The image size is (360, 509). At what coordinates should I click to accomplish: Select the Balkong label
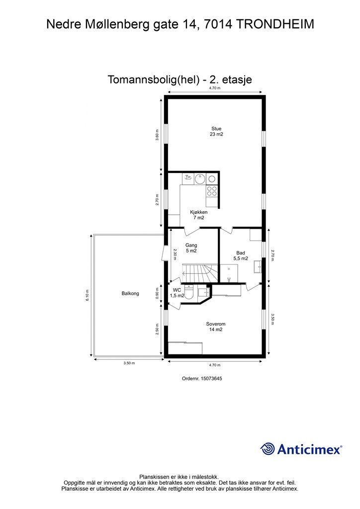click(130, 293)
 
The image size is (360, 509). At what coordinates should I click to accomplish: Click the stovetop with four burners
click(212, 190)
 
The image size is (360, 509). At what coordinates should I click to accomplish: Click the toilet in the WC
click(189, 291)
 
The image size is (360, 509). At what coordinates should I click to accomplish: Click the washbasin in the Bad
click(258, 266)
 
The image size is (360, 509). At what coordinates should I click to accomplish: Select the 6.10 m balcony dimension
click(88, 296)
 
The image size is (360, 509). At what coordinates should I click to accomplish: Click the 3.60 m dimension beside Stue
click(157, 135)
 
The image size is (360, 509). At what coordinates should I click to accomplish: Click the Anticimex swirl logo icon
click(268, 449)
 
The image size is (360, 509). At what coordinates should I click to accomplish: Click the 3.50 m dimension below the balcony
click(129, 363)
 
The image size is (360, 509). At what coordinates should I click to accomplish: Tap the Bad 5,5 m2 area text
click(241, 256)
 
